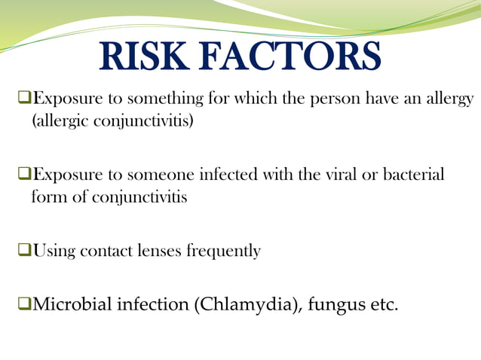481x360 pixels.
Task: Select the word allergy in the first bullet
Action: [x=449, y=99]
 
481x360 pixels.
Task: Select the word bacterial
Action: [x=408, y=175]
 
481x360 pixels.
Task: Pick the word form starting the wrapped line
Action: [x=47, y=197]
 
